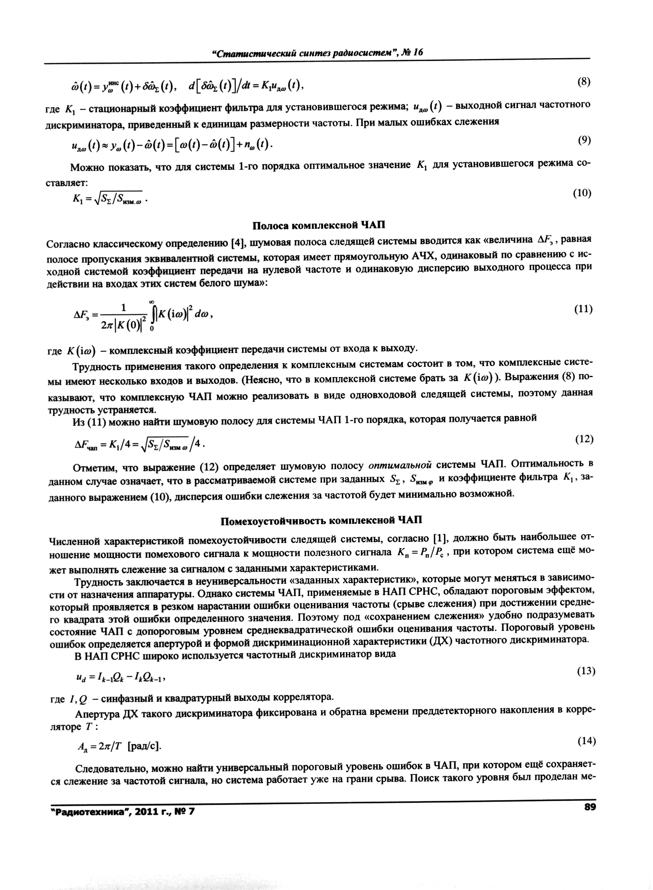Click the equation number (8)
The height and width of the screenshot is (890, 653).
(583, 82)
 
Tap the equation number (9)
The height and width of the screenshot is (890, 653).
(584, 140)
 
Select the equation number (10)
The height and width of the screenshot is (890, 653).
(582, 193)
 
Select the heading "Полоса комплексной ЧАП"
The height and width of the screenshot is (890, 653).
(318, 225)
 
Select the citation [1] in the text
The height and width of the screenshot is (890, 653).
(440, 538)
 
